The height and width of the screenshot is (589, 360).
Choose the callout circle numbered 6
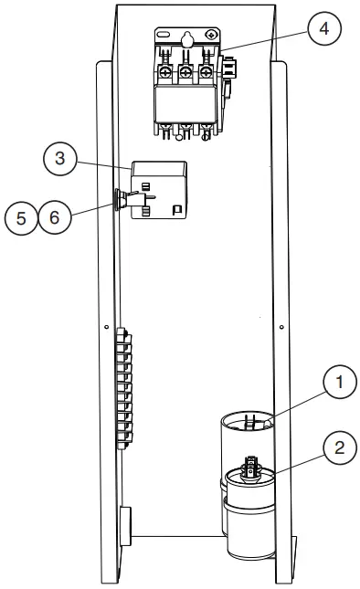click(x=54, y=220)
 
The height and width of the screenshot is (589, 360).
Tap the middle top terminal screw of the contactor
click(x=185, y=72)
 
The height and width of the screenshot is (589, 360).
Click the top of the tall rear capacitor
click(x=249, y=423)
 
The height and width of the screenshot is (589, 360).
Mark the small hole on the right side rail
click(x=281, y=327)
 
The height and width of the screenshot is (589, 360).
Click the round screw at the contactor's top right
click(x=211, y=35)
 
